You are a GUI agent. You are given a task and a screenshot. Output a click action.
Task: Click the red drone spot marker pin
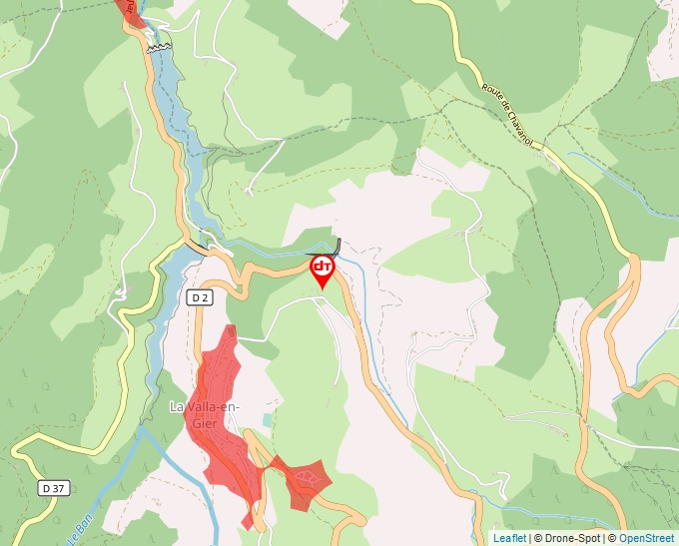323,271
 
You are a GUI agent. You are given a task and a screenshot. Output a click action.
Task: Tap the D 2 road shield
200,296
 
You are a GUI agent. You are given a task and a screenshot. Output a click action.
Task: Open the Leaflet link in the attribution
509,538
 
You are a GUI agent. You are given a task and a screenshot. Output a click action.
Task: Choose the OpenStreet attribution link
646,538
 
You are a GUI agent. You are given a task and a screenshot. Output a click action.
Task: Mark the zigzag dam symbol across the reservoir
157,46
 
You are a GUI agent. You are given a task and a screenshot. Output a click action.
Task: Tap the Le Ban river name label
76,529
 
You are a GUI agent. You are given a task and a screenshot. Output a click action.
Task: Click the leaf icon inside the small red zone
308,479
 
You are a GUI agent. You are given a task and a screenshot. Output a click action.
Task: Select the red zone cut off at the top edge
129,11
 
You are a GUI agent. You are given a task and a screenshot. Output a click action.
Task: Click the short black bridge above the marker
338,247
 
